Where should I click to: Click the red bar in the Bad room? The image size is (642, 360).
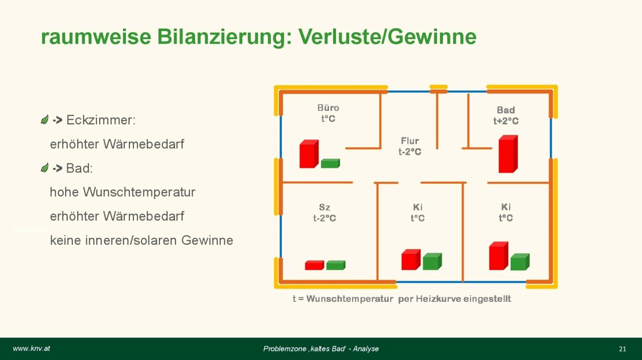click(x=508, y=154)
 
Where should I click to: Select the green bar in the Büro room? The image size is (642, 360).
click(x=330, y=163)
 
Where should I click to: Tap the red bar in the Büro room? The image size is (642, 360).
click(x=309, y=154)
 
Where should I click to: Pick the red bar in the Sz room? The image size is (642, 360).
click(x=314, y=265)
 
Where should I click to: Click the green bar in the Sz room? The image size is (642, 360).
click(x=336, y=265)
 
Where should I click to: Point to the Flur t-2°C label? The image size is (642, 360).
click(x=410, y=146)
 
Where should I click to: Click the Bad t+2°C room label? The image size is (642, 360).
click(x=506, y=115)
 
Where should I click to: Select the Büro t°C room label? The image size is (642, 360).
click(x=328, y=113)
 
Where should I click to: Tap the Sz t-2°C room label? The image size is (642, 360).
click(x=325, y=213)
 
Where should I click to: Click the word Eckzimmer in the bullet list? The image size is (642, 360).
click(x=101, y=120)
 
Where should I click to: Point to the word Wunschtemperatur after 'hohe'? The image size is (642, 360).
click(x=139, y=192)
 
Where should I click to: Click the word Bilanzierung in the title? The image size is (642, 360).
click(x=224, y=37)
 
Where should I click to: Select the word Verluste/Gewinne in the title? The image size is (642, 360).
click(x=387, y=37)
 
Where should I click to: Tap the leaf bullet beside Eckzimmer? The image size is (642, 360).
click(x=45, y=119)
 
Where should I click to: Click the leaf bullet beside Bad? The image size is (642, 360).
click(x=45, y=167)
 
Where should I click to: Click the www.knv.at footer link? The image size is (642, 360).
click(x=31, y=348)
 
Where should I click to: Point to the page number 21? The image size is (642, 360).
click(x=622, y=349)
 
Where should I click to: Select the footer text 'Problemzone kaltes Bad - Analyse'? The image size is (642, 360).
click(x=321, y=348)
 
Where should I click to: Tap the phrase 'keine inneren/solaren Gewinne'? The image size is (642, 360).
click(x=141, y=240)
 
